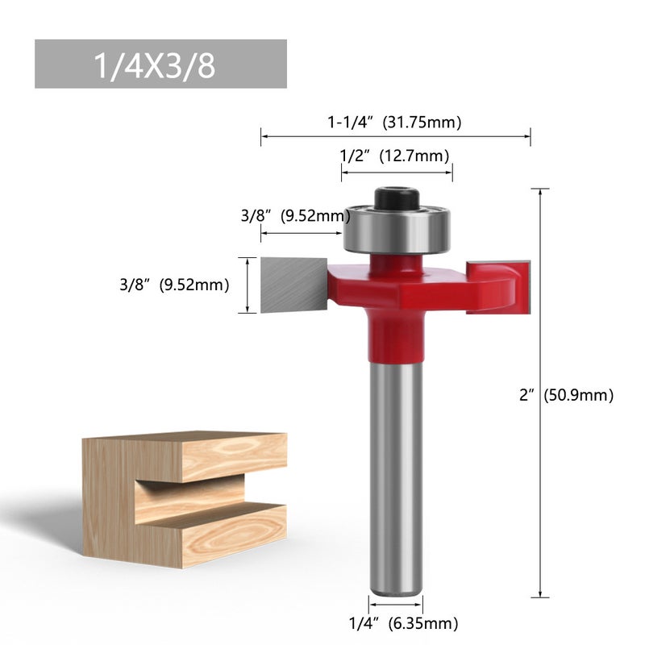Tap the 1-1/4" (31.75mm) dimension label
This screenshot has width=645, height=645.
(393, 123)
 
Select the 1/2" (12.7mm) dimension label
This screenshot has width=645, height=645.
(394, 156)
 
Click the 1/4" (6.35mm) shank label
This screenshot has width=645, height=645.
(403, 622)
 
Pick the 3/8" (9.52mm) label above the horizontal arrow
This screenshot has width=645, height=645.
(295, 216)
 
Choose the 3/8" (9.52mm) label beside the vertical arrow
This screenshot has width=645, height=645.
(173, 284)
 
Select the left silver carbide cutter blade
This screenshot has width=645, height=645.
(293, 284)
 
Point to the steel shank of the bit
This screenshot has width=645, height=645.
(396, 476)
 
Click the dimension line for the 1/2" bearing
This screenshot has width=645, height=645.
(396, 172)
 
